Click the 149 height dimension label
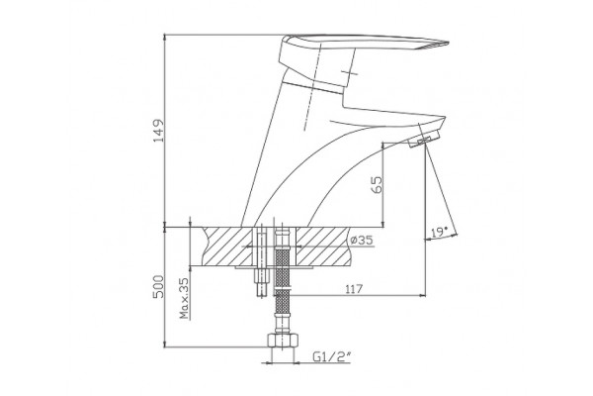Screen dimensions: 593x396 [159, 131]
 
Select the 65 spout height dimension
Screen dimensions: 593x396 [378, 184]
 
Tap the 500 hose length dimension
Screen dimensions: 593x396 [159, 286]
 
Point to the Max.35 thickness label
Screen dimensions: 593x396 [184, 298]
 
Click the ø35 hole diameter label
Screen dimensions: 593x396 [361, 240]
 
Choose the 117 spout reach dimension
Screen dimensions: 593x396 [354, 289]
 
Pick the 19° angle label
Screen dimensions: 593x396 [439, 231]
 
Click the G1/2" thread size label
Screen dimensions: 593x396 [332, 356]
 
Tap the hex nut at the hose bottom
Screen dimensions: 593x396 [283, 340]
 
